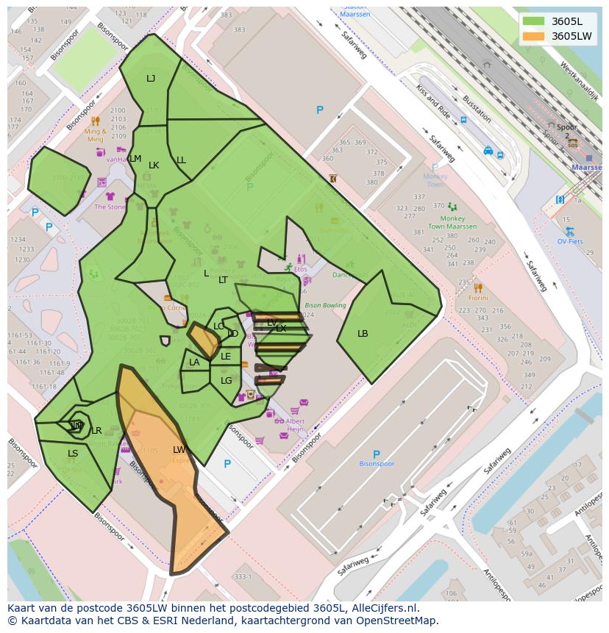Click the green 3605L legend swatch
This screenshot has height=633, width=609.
(534, 21)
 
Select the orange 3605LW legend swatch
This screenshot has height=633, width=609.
(534, 36)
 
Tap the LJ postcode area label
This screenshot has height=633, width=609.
(151, 79)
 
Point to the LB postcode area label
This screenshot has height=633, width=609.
(363, 334)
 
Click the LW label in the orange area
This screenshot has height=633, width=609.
(179, 450)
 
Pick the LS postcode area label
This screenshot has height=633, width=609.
(73, 454)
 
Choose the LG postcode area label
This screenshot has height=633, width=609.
(227, 381)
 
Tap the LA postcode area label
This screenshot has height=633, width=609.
(194, 362)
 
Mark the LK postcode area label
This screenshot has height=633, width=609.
(154, 165)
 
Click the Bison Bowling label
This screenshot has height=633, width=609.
(325, 305)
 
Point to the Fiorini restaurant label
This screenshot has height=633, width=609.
(478, 298)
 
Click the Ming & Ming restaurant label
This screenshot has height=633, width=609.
(96, 135)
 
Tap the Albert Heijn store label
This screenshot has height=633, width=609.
(294, 425)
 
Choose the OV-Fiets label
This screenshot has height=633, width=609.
(569, 241)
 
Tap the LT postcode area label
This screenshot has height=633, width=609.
(223, 280)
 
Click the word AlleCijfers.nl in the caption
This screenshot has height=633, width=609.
(382, 608)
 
